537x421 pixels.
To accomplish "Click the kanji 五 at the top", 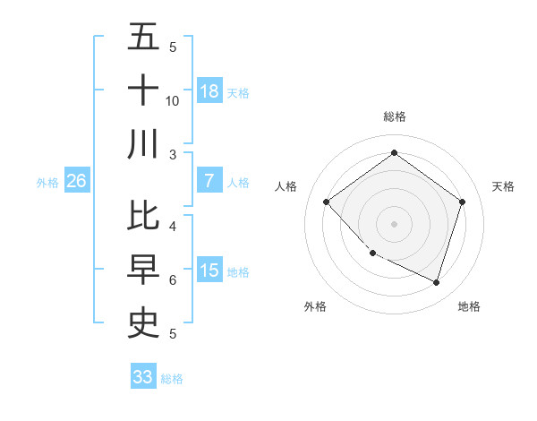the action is [144, 37].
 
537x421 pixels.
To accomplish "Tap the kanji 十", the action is [144, 90].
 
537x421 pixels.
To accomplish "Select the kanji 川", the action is [144, 144].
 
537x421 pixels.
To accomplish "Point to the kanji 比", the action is [144, 216].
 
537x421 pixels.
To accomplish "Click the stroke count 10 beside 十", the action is [173, 101].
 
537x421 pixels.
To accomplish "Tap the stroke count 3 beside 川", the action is [173, 155].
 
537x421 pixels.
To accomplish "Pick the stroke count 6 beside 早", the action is [173, 280].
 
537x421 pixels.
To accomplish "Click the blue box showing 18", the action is [209, 90].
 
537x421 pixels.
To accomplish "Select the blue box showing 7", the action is [209, 181].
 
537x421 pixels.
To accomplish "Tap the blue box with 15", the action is [209, 270].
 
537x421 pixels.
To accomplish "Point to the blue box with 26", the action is [77, 181].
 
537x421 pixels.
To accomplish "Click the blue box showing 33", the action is [143, 377].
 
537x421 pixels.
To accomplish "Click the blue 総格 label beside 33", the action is [172, 379].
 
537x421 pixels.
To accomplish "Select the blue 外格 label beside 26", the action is [47, 183].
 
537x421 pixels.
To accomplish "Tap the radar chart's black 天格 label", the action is [503, 186].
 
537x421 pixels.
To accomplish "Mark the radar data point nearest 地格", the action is [436, 282].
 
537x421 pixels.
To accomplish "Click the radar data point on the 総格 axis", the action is [394, 152].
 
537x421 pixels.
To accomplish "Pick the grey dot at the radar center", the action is [394, 223].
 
